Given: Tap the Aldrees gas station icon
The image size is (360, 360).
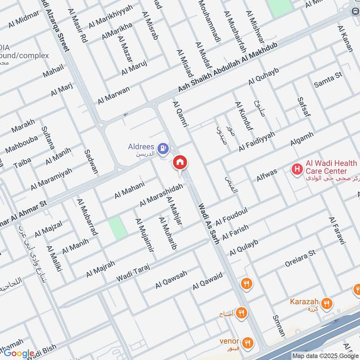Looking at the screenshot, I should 163,147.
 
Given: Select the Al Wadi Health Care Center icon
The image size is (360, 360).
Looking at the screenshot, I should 297,169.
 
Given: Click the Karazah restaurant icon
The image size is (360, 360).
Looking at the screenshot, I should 327,303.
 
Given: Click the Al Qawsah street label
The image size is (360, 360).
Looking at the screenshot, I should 171,279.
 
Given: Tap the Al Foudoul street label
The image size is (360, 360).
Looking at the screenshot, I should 231,216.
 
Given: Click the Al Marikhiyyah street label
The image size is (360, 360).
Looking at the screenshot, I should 111,15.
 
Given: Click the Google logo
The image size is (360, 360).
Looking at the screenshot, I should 18,354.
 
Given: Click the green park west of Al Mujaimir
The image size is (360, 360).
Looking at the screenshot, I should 117,228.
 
